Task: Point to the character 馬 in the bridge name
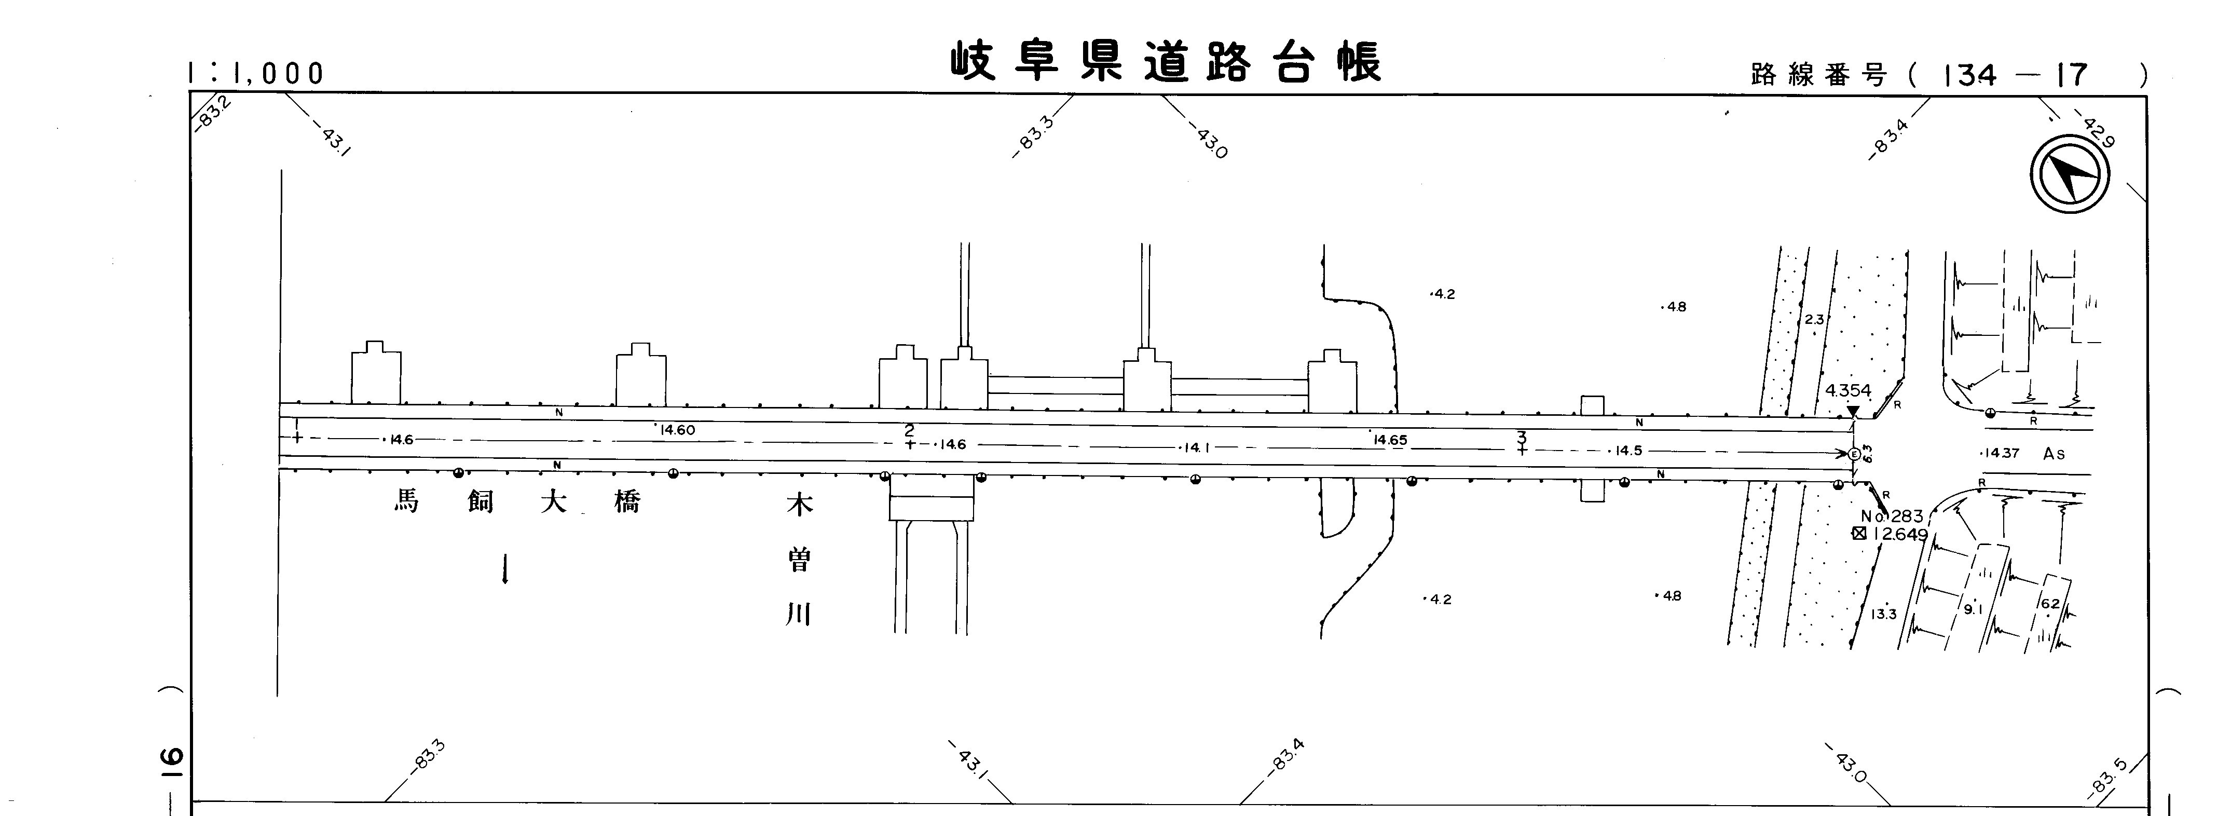click(406, 501)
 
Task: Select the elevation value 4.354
click(1848, 391)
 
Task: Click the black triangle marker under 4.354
click(1853, 412)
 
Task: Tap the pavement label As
click(2054, 454)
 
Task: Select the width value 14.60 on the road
click(676, 430)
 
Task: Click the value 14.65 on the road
click(1390, 440)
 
